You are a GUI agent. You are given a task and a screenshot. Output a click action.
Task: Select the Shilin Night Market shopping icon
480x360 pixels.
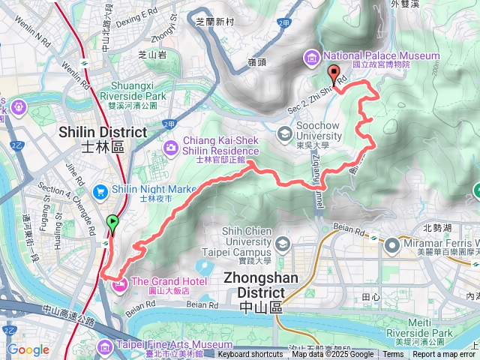coord(100,191)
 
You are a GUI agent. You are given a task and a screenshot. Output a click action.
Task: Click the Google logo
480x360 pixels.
coord(28,349)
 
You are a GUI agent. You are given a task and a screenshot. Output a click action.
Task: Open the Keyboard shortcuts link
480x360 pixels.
coord(250,355)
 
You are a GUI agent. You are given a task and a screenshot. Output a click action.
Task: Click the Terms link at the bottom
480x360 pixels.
coord(393,355)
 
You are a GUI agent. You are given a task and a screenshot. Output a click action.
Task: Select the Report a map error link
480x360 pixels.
coord(445,355)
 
